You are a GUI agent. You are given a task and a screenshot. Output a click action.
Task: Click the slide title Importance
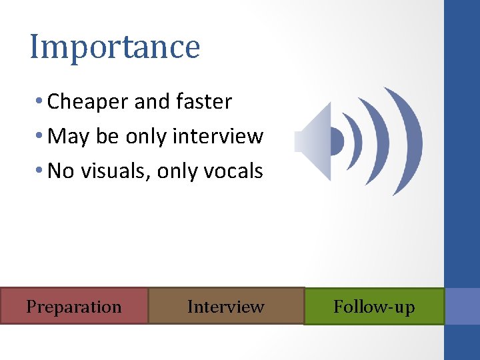[115, 47]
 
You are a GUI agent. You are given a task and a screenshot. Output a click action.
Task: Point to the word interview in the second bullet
[217, 137]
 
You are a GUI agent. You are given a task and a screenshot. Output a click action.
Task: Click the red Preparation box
[74, 307]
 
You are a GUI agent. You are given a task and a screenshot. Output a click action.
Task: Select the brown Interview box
[225, 307]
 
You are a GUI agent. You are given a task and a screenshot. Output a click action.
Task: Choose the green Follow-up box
[374, 307]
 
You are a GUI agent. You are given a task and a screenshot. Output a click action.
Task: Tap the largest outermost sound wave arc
[413, 141]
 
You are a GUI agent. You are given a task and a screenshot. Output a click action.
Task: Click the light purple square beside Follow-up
[462, 307]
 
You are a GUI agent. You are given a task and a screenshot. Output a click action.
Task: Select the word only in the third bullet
[177, 171]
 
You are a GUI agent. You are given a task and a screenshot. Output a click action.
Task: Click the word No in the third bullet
[61, 171]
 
